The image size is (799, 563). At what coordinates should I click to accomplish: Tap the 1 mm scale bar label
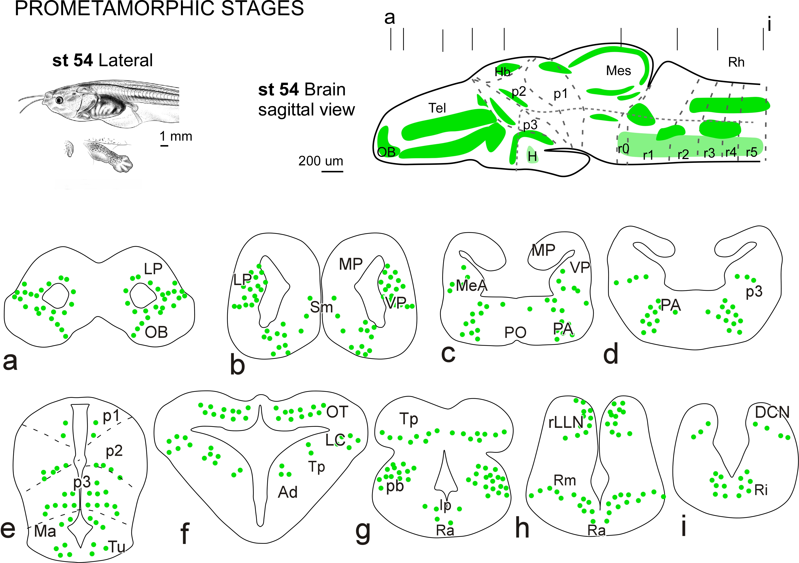[176, 136]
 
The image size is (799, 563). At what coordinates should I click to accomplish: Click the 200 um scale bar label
[320, 161]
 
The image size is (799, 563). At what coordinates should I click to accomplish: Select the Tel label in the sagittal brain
[437, 108]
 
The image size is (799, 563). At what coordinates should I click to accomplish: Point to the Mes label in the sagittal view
[618, 71]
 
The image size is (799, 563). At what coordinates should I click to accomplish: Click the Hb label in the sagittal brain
[502, 72]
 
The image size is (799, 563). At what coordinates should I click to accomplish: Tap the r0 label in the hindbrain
[624, 149]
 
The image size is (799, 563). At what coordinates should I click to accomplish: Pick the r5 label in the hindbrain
[752, 152]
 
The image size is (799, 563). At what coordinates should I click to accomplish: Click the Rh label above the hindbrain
[736, 62]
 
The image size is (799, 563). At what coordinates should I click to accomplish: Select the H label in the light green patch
[532, 157]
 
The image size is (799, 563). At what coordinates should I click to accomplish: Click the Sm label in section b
[321, 307]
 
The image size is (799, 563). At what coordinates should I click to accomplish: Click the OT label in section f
[337, 412]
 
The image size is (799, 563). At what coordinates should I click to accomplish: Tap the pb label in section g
[395, 486]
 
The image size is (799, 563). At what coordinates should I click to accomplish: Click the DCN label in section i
[772, 413]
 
